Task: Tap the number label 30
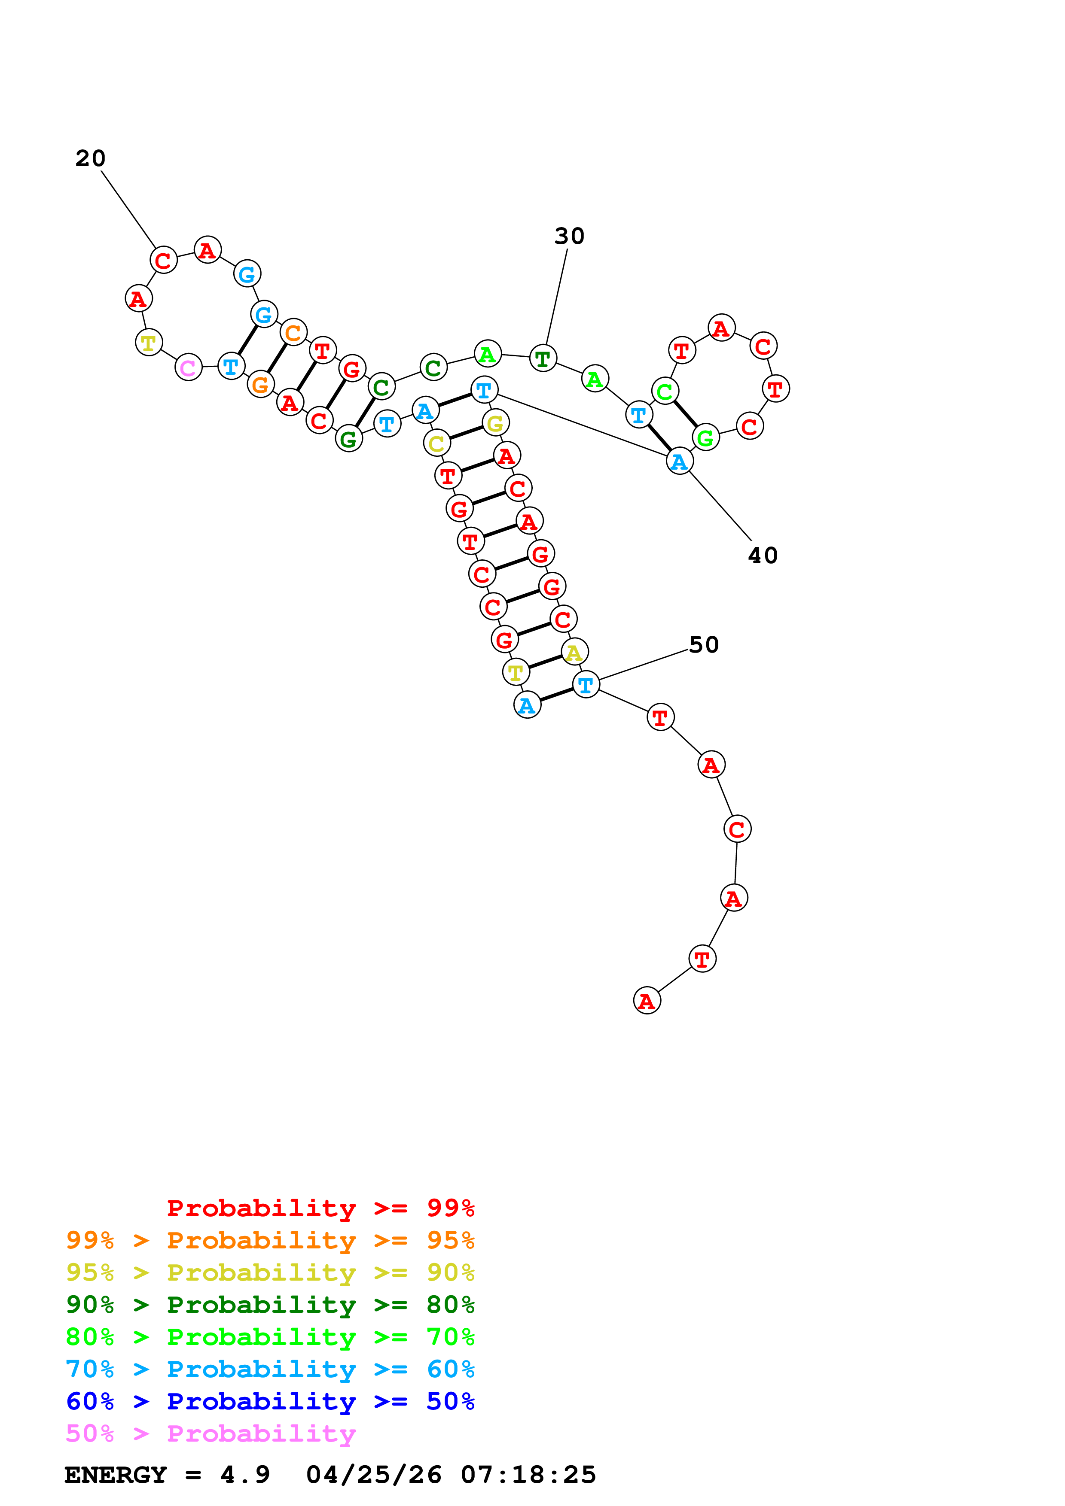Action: [569, 236]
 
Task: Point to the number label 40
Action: [763, 556]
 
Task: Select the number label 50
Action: [703, 645]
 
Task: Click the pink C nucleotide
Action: [188, 367]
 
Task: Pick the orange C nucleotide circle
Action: [293, 333]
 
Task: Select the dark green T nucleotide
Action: [543, 358]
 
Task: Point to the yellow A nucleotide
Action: [574, 652]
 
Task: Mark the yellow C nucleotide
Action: [436, 444]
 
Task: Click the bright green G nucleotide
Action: [705, 437]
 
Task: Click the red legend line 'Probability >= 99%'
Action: [320, 1208]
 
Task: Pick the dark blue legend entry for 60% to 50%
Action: [270, 1401]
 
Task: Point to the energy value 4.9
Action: [245, 1475]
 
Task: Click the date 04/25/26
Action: [374, 1475]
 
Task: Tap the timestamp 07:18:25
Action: [528, 1475]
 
